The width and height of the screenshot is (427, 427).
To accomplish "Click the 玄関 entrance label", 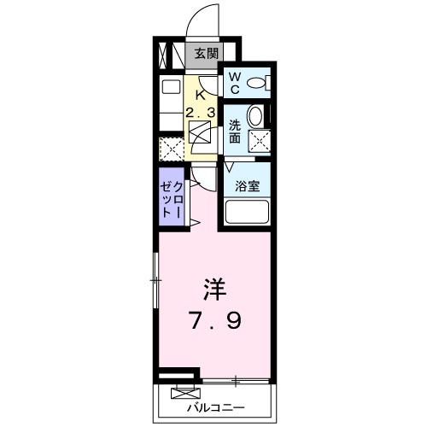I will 205,53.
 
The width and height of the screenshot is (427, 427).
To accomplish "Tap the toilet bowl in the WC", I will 261,83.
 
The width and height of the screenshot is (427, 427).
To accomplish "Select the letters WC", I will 234,83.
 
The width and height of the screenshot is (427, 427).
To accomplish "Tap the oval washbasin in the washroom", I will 255,116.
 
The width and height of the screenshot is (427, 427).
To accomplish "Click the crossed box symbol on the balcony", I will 184,394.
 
